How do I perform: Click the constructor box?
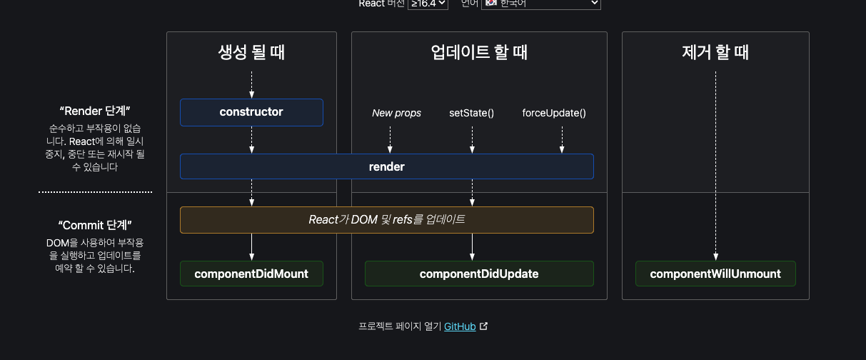pos(251,112)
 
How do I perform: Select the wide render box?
pos(386,166)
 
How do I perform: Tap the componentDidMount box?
pos(251,274)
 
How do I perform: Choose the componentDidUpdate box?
pos(479,274)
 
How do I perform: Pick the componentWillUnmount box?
pos(715,274)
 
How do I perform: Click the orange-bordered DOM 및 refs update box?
pos(386,220)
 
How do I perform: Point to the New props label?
pos(396,113)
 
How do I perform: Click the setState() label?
pos(471,113)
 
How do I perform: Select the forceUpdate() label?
pos(554,113)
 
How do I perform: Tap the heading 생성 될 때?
pos(251,52)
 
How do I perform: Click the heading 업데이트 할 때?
pos(479,52)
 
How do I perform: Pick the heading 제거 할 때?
pos(715,52)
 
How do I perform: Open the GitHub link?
pos(460,326)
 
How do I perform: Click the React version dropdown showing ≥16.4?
pos(428,4)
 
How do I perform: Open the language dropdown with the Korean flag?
pos(541,4)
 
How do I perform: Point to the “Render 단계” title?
pos(95,111)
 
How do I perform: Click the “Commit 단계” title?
pos(95,224)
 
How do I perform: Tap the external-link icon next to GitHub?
pos(484,326)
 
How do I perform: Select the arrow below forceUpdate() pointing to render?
pos(562,139)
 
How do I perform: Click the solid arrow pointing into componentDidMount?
pos(251,247)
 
